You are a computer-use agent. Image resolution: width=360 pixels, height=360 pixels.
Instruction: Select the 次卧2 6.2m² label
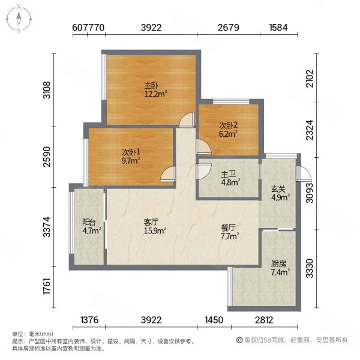click(x=228, y=130)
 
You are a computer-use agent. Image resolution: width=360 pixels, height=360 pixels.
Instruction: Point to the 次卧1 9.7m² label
click(x=131, y=155)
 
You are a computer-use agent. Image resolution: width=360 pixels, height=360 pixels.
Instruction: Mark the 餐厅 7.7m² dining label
click(x=230, y=232)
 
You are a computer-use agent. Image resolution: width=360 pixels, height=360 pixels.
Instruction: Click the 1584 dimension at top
click(x=279, y=27)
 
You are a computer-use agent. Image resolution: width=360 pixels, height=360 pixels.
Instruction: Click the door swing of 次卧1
click(x=167, y=176)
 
